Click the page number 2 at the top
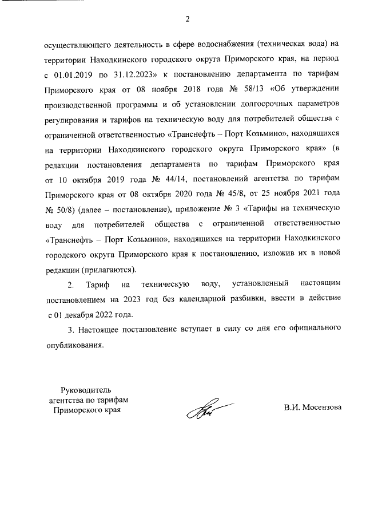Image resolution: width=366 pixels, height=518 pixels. (186, 19)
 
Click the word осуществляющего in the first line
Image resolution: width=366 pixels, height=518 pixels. (75, 45)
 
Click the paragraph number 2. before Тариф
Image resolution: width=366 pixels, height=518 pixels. (71, 284)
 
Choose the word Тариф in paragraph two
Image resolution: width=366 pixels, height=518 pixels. (94, 284)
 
